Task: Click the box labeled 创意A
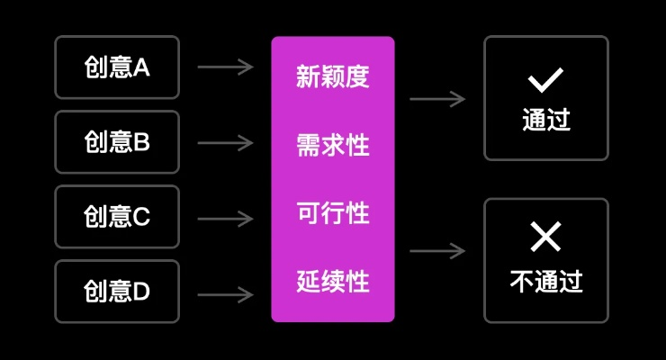coord(117,67)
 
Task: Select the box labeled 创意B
coord(117,142)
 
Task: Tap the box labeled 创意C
coord(117,217)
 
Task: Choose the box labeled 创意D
coord(117,292)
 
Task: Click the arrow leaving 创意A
coord(225,67)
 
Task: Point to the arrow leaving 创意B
coord(225,142)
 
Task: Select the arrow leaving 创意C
coord(225,218)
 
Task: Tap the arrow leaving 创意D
coord(225,293)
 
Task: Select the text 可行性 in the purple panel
coord(333,213)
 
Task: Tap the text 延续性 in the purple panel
coord(333,282)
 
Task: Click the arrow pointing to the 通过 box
coord(437,99)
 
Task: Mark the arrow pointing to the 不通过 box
coord(437,251)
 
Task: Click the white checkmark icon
coord(545,82)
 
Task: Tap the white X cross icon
coord(545,238)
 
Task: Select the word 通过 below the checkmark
coord(546,121)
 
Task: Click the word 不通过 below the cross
coord(546,282)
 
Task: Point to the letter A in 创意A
coord(141,67)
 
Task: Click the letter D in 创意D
coord(141,292)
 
